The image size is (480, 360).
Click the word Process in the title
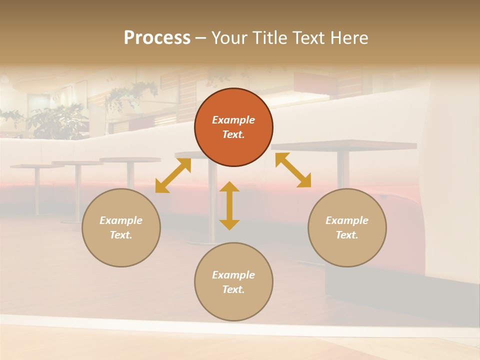tap(157, 38)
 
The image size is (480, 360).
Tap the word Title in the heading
tap(271, 38)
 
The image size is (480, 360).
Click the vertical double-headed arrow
tap(229, 205)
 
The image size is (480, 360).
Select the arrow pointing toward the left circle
tap(173, 175)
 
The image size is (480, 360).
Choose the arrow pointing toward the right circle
tap(293, 170)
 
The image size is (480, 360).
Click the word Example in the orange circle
tap(233, 120)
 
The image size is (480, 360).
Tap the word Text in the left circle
tap(121, 235)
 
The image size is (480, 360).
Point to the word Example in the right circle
tap(347, 220)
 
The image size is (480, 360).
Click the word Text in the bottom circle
tap(233, 289)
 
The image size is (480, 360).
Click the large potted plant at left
tap(55, 120)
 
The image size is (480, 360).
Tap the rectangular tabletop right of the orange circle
tap(345, 145)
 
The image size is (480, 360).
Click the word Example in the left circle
tap(121, 220)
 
